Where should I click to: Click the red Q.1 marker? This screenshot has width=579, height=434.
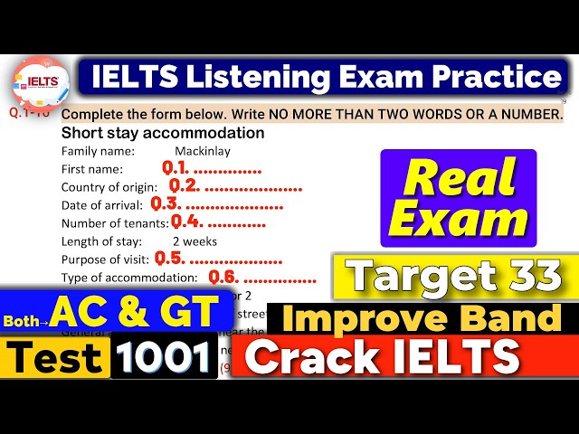[176, 168]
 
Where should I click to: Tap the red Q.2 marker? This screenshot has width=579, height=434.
[184, 186]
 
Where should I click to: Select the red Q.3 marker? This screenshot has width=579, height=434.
[166, 204]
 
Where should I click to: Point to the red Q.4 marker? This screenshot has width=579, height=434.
[185, 222]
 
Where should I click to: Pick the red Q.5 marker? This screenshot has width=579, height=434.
[170, 259]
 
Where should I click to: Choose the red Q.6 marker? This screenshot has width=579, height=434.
[223, 277]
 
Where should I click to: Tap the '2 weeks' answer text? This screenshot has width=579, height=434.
[194, 241]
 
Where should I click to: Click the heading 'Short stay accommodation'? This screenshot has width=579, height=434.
[163, 133]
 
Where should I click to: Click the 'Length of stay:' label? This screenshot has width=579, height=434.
[101, 241]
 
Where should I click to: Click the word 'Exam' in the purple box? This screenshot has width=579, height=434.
[458, 220]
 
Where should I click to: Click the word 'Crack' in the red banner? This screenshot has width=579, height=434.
[308, 357]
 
